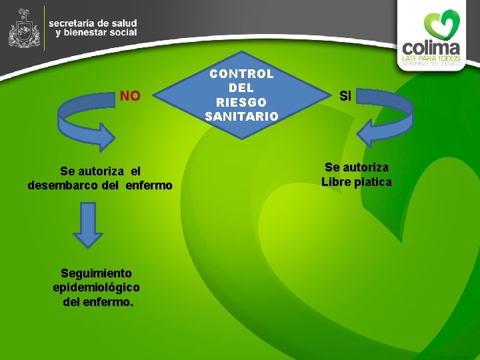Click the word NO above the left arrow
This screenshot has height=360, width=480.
click(130, 97)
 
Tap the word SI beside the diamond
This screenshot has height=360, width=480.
click(345, 97)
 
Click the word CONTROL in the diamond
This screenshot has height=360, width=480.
click(242, 74)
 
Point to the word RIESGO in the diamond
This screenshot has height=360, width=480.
click(242, 103)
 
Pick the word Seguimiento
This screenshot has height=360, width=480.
click(96, 273)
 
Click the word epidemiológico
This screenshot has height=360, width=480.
click(96, 287)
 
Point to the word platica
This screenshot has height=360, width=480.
click(375, 182)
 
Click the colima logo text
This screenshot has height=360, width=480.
click(431, 49)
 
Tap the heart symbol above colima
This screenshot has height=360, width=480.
click(443, 24)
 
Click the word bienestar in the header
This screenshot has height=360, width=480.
click(83, 32)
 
